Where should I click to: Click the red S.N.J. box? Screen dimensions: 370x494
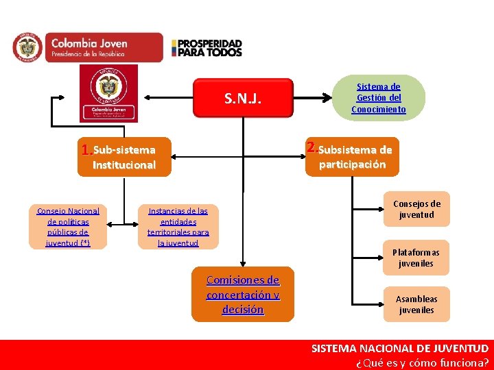[243, 99]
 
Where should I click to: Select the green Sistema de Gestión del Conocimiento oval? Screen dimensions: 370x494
[378, 98]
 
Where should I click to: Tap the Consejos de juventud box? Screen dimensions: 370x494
[416, 209]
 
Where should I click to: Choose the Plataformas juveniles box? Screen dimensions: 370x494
[416, 258]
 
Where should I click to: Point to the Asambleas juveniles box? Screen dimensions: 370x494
[416, 304]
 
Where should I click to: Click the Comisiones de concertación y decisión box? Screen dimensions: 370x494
[243, 295]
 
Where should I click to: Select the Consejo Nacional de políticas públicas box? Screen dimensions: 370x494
[68, 227]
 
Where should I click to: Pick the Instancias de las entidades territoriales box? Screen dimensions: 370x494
[178, 227]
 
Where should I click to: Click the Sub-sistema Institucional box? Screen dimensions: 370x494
[124, 157]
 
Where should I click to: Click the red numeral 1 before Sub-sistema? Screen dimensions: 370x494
[86, 150]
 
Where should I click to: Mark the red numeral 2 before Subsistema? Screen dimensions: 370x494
[312, 147]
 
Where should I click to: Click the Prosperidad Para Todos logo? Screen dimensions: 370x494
[207, 47]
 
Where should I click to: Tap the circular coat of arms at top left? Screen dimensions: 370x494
[27, 47]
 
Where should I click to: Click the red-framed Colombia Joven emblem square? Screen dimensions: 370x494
[108, 94]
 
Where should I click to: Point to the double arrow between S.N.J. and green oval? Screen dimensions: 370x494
[312, 99]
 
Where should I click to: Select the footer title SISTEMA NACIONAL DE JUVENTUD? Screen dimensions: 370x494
[400, 349]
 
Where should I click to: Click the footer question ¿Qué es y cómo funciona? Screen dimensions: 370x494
[422, 363]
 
